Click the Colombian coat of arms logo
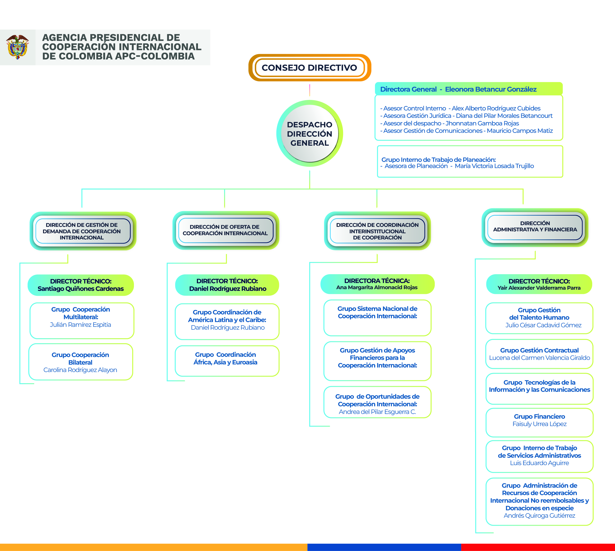[18, 47]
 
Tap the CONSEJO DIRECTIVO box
[310, 68]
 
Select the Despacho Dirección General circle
[310, 133]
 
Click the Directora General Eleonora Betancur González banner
[468, 89]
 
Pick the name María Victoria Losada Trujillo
[494, 166]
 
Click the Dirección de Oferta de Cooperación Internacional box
[226, 230]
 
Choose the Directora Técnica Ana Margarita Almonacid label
[377, 284]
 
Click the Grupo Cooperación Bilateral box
[80, 362]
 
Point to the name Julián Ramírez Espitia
[80, 325]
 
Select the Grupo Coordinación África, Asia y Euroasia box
[227, 361]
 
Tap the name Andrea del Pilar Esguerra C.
[377, 412]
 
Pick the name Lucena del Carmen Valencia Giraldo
[539, 358]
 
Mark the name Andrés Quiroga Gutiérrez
[539, 516]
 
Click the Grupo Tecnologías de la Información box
[539, 389]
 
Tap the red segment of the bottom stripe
[538, 547]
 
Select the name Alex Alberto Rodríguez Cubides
[496, 108]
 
